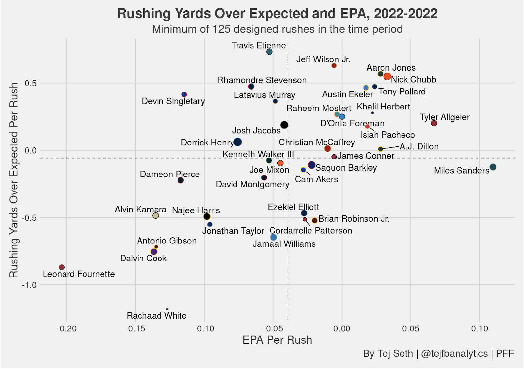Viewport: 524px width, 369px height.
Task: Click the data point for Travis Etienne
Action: pos(270,52)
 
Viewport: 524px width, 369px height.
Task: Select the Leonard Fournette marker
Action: pos(62,267)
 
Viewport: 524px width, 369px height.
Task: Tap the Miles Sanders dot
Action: pos(493,167)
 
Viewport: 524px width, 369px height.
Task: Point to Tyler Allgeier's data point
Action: pos(434,123)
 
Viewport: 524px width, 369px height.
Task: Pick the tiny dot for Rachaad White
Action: pos(167,309)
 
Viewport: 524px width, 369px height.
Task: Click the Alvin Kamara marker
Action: pos(156,216)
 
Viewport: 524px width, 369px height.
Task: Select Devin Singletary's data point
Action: pos(184,94)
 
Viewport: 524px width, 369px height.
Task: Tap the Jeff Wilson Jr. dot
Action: pos(334,66)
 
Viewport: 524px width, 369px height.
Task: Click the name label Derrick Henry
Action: pos(207,143)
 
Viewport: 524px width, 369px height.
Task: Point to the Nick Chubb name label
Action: pos(413,80)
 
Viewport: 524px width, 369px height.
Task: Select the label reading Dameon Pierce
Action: pos(170,174)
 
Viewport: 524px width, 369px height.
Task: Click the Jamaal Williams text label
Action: pos(284,244)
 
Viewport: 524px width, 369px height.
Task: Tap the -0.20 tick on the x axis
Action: pos(67,329)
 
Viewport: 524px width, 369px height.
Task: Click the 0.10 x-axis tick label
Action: pos(479,329)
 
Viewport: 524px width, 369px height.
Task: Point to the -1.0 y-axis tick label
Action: pos(29,285)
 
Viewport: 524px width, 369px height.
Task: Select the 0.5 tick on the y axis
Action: pos(30,83)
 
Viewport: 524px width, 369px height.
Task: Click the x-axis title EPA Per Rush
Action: pos(277,340)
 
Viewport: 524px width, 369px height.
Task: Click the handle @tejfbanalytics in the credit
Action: pos(454,353)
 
